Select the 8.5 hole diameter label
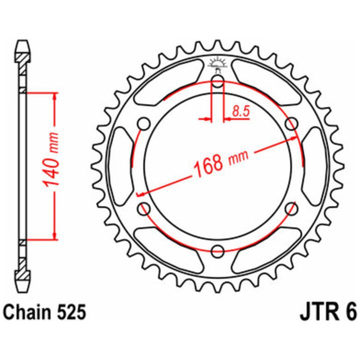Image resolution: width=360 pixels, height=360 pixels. (240, 111)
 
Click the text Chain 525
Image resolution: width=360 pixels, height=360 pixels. (45, 312)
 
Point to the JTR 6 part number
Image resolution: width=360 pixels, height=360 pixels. (328, 312)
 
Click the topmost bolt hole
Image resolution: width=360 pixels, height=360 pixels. (217, 81)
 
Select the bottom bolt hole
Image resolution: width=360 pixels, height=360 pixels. (217, 251)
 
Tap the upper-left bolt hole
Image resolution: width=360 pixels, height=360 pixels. (144, 124)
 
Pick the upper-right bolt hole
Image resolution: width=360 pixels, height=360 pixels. (291, 124)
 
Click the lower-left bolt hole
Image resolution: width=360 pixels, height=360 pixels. (144, 208)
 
